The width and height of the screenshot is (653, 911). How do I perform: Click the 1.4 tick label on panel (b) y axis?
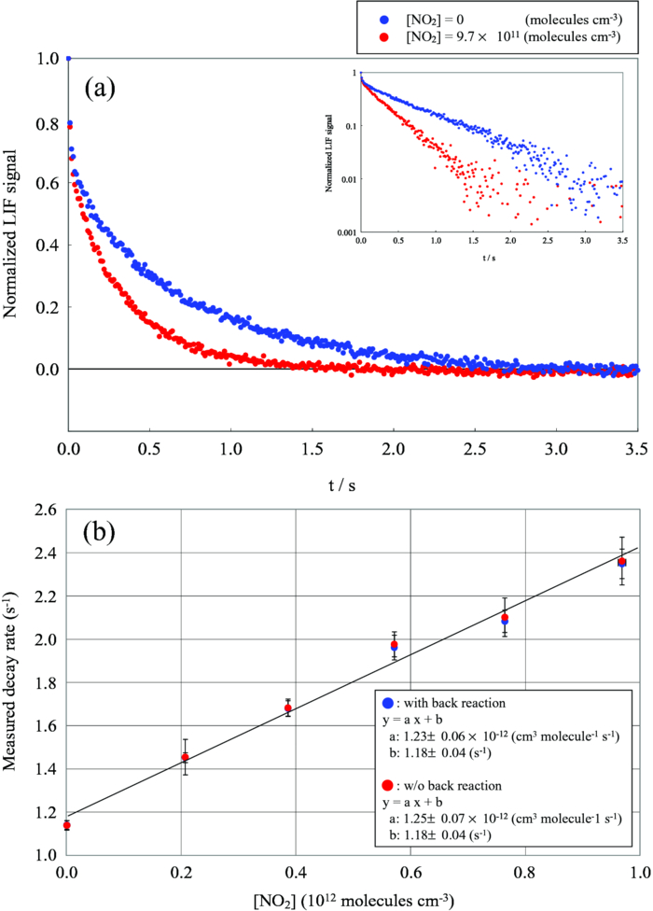coord(45,769)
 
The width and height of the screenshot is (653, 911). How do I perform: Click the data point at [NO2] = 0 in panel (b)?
coord(67,825)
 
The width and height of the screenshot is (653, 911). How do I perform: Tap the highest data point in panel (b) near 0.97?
coord(622,562)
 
